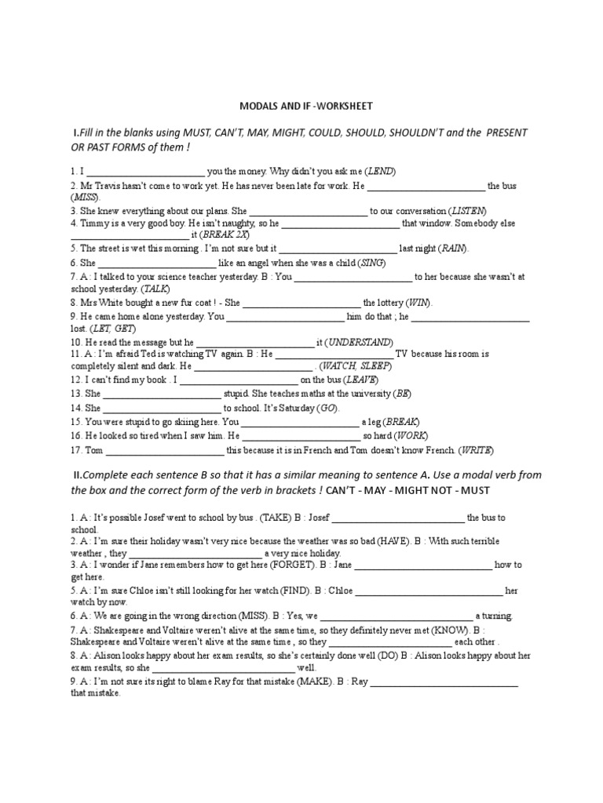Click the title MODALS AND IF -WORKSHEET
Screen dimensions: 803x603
tap(305, 105)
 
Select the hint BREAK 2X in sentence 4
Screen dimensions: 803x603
tap(225, 234)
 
